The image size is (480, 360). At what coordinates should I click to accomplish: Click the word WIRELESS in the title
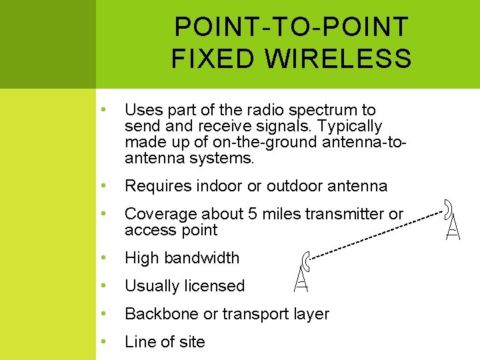click(x=338, y=59)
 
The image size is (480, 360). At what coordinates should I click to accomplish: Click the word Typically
click(x=349, y=126)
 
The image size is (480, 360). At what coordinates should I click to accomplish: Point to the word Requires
click(x=157, y=186)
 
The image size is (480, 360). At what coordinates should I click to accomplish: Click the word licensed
click(x=213, y=286)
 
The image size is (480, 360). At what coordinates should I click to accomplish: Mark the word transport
click(x=253, y=314)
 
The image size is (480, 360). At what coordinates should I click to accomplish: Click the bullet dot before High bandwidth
click(x=103, y=257)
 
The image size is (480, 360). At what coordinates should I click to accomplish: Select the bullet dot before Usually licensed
click(x=103, y=285)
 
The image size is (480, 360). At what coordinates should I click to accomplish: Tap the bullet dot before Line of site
click(x=103, y=341)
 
